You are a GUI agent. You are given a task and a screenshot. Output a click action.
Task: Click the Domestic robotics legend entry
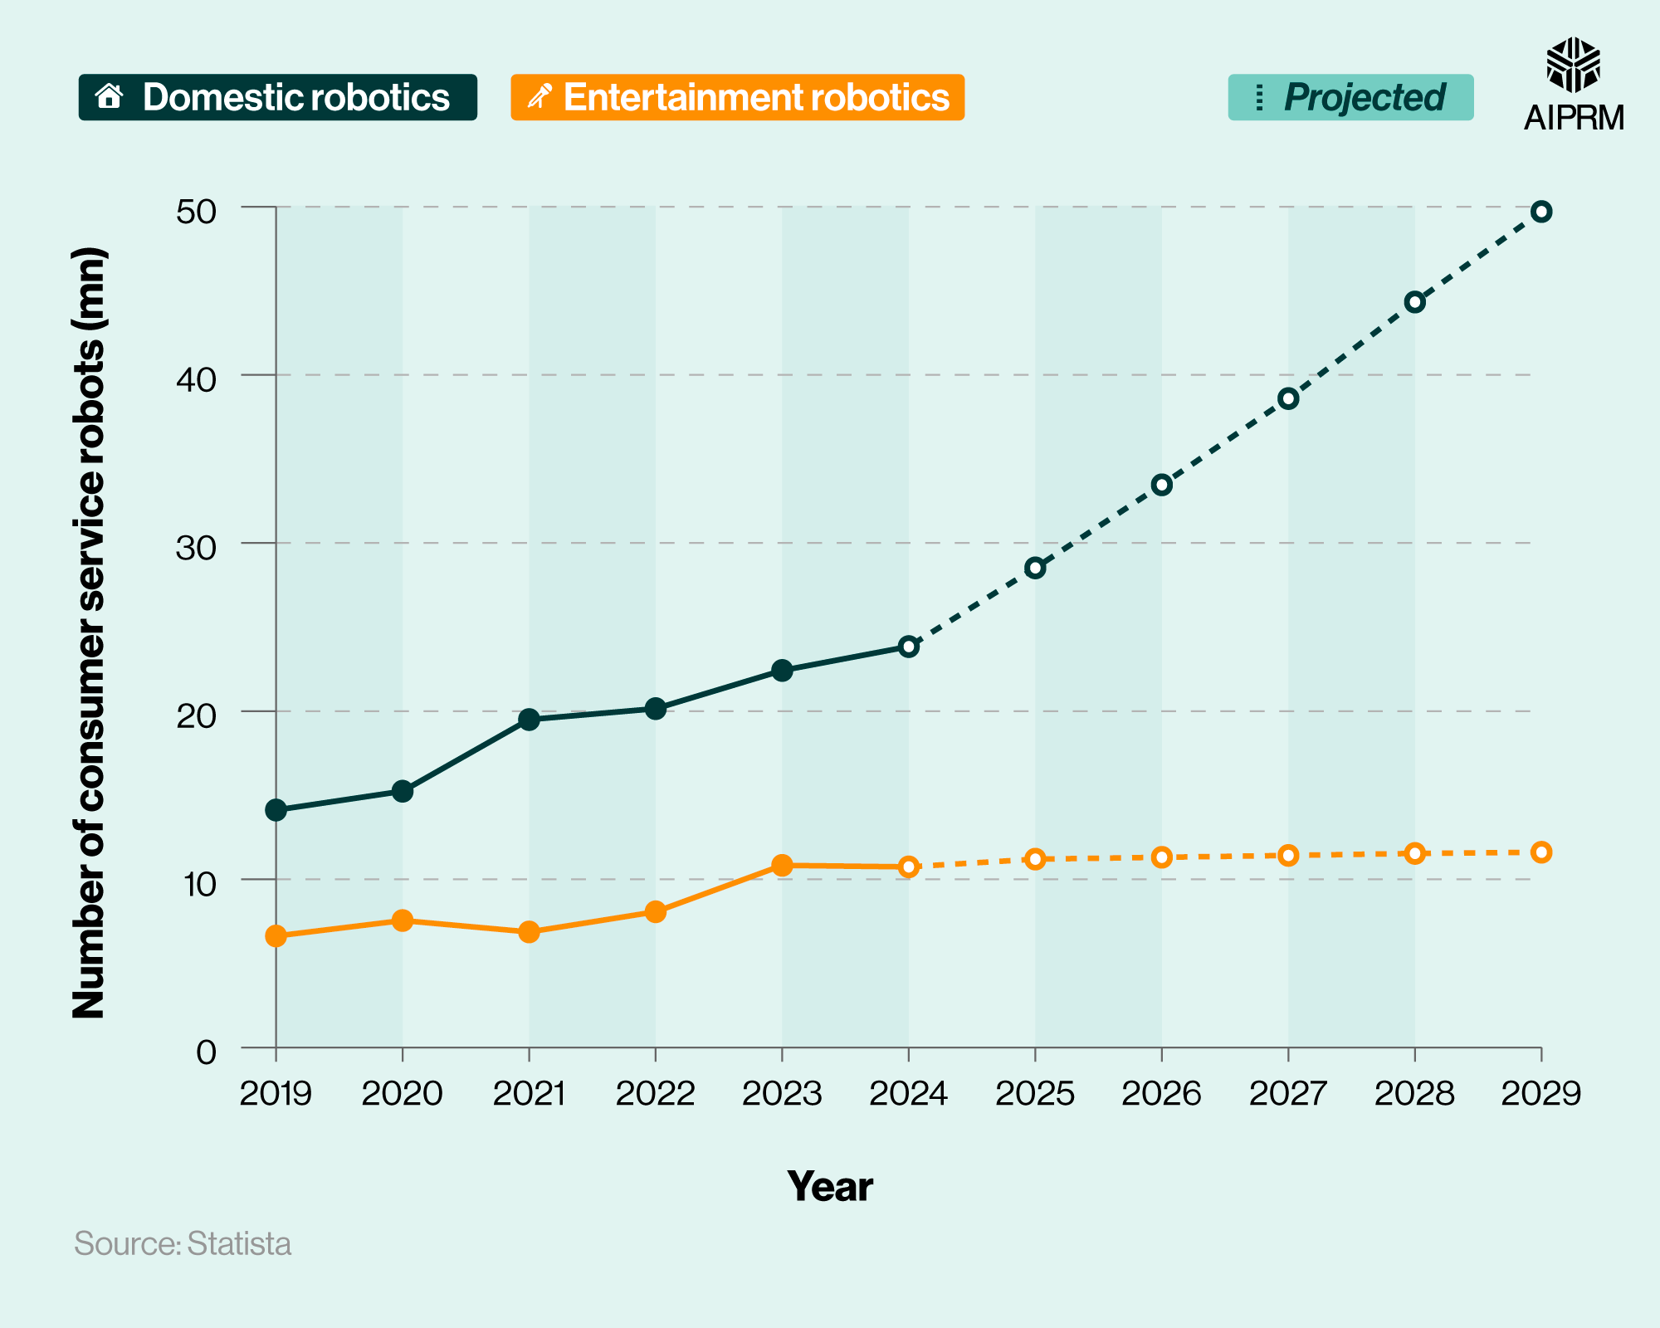[x=277, y=97]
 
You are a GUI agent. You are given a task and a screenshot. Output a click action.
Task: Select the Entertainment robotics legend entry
[x=737, y=97]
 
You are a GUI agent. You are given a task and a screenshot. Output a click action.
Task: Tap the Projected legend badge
[x=1350, y=97]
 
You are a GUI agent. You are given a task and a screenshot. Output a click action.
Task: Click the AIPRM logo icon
[x=1573, y=65]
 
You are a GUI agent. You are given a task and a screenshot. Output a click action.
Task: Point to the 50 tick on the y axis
[x=196, y=211]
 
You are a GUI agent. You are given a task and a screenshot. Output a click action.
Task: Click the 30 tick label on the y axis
[x=196, y=547]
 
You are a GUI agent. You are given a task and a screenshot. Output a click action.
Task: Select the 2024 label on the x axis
[x=908, y=1094]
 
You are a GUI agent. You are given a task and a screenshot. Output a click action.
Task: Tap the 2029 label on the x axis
[x=1541, y=1094]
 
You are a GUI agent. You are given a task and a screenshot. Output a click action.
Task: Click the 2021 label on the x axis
[x=529, y=1094]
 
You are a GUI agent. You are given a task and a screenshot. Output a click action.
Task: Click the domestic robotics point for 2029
[x=1541, y=212]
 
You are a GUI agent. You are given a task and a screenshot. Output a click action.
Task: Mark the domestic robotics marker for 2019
[x=276, y=810]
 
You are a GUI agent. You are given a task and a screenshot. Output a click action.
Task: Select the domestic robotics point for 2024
[x=909, y=647]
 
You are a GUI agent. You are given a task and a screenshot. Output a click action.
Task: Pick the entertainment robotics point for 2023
[x=782, y=865]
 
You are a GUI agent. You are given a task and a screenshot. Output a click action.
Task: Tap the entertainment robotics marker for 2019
[x=276, y=936]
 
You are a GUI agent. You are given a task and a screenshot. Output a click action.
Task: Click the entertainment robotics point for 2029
[x=1541, y=852]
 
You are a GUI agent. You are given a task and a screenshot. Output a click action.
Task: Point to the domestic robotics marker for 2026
[x=1162, y=485]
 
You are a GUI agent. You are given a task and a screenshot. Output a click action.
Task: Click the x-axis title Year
[x=829, y=1186]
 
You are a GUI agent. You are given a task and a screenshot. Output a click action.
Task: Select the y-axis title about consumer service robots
[x=89, y=632]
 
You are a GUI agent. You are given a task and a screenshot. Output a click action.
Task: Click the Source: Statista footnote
[x=183, y=1243]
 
